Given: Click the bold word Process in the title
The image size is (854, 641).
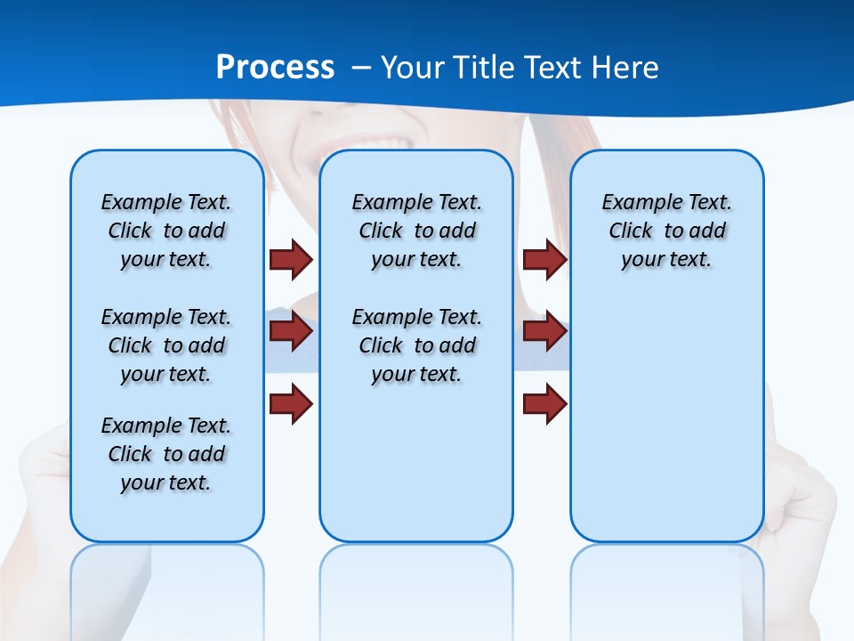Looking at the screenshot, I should pos(276,68).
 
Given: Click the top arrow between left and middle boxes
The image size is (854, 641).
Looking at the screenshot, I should pos(291,259).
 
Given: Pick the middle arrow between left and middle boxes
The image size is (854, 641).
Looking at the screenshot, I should pos(291,331).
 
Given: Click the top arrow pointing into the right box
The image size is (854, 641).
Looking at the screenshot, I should pos(544,259).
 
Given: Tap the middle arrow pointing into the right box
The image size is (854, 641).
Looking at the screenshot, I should pos(544,331).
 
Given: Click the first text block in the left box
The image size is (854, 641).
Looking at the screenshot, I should pos(166,231).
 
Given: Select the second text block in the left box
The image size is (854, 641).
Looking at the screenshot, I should pos(166,345).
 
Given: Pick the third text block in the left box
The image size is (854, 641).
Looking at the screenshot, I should pos(166,454).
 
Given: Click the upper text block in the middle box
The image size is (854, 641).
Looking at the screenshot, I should pos(416,231).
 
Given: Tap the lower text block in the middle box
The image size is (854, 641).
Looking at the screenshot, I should pos(416,345).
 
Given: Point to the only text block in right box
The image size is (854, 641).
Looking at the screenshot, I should pos(666,231).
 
